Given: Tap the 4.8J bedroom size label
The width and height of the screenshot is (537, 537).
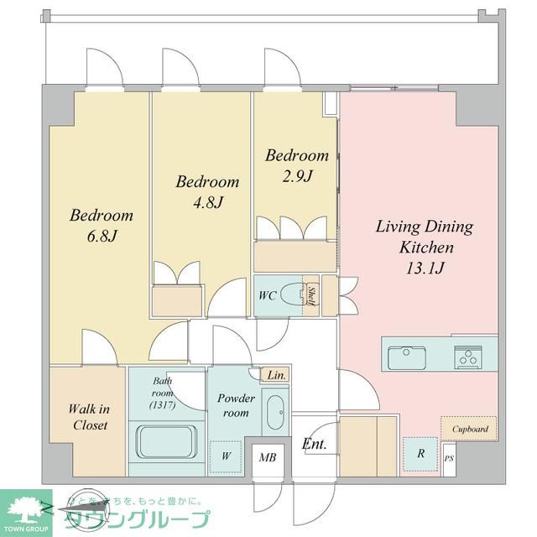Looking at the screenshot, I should (206, 202).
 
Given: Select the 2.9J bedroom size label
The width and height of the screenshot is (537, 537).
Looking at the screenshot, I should (296, 176).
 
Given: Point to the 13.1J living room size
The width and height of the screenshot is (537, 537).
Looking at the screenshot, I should (424, 268).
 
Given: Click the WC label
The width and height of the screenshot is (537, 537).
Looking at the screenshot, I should (267, 295).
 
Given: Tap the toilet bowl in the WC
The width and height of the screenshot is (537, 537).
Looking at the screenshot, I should (292, 295).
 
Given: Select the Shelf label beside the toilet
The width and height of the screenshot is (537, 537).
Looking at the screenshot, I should (310, 296).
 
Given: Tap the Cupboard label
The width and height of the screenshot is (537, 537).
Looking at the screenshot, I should (470, 429).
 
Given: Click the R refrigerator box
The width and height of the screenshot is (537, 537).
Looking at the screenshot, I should (420, 454).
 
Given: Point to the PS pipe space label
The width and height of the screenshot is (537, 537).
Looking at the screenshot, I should (449, 459).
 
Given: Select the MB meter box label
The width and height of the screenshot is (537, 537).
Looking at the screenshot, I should (268, 458).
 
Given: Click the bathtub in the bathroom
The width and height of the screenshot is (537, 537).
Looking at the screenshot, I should (167, 441).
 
